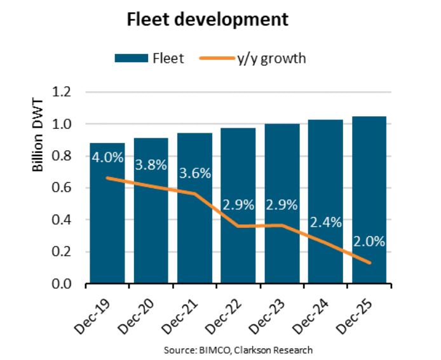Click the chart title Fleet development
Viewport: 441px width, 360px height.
click(x=208, y=19)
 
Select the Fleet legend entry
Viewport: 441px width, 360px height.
click(x=149, y=58)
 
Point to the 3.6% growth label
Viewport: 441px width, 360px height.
click(x=194, y=173)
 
